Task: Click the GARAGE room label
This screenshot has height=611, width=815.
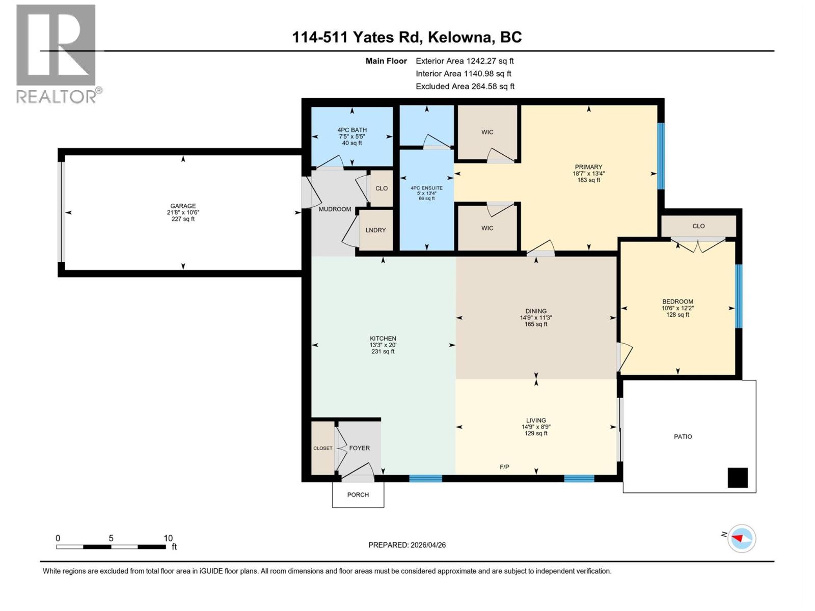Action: tap(183, 206)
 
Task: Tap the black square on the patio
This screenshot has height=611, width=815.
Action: tap(738, 478)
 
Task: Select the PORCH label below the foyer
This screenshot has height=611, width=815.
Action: tap(358, 495)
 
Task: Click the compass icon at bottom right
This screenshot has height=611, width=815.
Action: tap(742, 538)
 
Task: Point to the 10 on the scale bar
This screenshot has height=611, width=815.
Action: tap(168, 538)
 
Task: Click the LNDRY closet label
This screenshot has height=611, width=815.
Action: tap(376, 230)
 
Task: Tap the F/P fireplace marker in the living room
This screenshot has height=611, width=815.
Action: tap(504, 467)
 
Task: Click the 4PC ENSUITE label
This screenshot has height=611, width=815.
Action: tap(427, 188)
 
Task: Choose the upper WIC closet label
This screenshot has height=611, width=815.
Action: tap(487, 132)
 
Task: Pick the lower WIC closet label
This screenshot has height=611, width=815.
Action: tap(487, 228)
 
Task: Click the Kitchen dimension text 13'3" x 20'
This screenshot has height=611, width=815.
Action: tap(383, 345)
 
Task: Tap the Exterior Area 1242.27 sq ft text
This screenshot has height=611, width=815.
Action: tap(465, 61)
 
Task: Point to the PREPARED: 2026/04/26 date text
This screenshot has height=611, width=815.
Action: tap(407, 545)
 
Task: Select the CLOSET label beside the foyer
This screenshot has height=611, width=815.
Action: tap(323, 448)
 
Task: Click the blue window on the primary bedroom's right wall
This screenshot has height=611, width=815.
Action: tap(661, 156)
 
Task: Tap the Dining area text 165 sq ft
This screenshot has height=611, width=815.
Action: tap(536, 324)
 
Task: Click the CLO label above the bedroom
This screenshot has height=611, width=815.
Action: tap(698, 226)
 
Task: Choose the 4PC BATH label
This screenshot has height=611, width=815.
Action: tap(352, 130)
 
